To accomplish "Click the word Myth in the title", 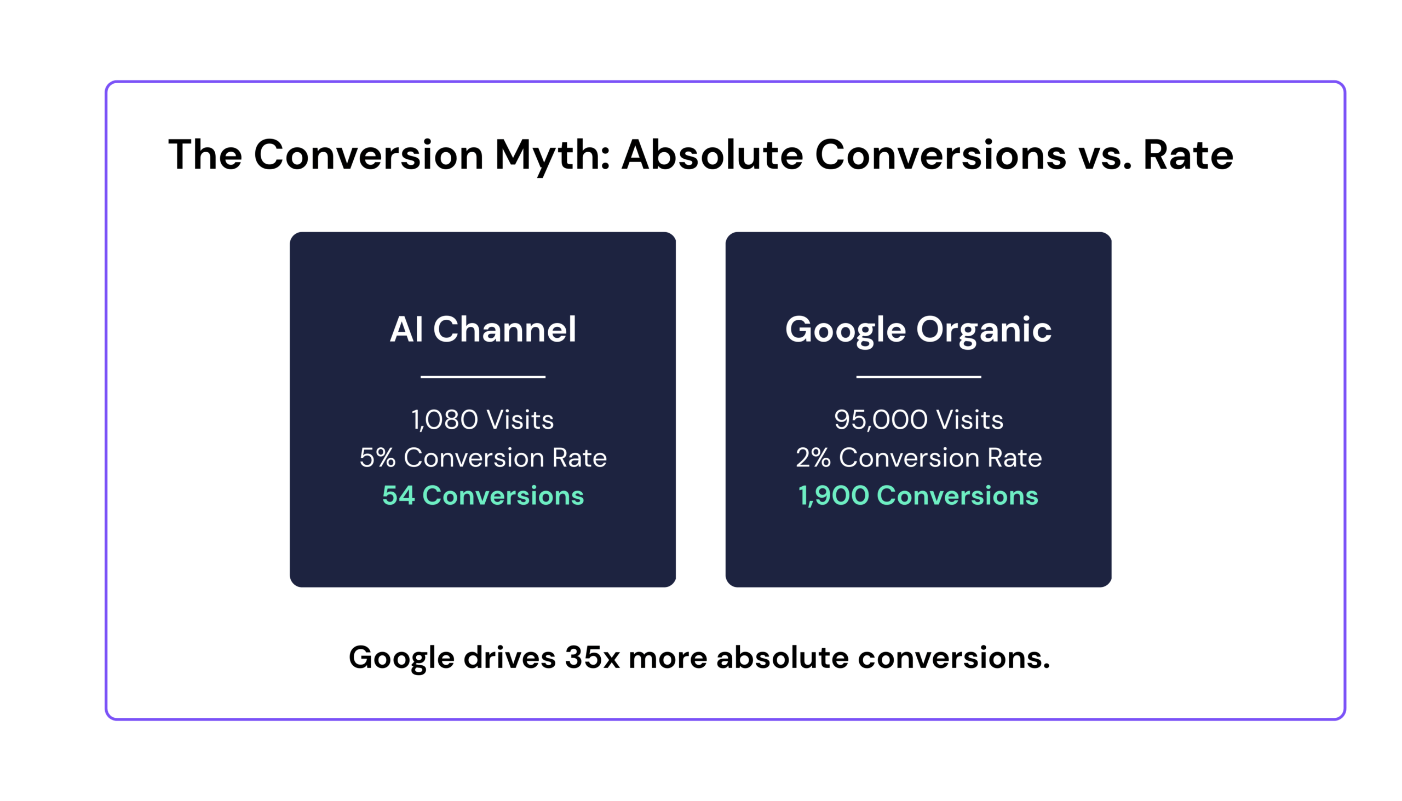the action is [x=552, y=155].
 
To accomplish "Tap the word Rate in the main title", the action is [x=1188, y=155].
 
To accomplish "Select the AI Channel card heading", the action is [x=482, y=330].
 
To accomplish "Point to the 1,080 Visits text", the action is [x=482, y=420].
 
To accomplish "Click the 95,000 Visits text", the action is [x=918, y=420].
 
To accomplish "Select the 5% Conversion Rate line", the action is [x=482, y=458].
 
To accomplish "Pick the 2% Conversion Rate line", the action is [x=918, y=458].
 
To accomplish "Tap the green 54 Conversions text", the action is [x=482, y=495].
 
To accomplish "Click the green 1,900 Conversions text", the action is [x=918, y=495].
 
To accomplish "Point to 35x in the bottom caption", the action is [x=592, y=658].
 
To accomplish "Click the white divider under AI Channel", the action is [x=482, y=377].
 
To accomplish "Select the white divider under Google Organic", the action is [x=918, y=377].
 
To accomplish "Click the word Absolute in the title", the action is [x=712, y=154].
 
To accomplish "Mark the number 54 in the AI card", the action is [x=398, y=495].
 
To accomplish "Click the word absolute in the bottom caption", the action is [x=783, y=658].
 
